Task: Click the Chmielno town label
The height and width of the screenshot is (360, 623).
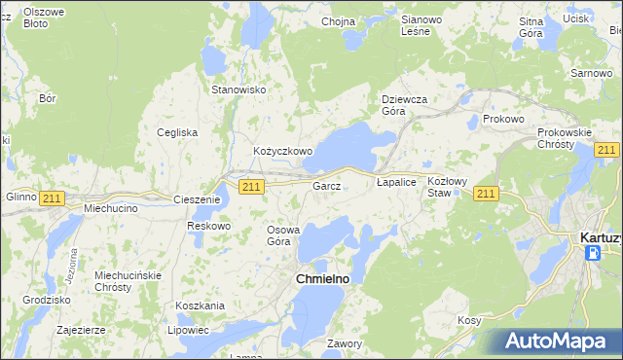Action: coord(322,278)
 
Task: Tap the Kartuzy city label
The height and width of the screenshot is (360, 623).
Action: coord(600,236)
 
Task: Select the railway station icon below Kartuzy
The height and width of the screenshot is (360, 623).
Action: coord(593,253)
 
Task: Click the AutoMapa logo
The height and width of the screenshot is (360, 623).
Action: coord(559,342)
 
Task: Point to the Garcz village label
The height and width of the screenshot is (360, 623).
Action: coord(326,186)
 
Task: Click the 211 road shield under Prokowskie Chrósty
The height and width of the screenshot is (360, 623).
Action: coord(606,149)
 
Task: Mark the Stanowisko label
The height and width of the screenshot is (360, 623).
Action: coord(239,90)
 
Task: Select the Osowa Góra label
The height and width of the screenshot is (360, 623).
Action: coord(285,235)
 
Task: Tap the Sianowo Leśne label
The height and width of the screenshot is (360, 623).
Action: coord(421,25)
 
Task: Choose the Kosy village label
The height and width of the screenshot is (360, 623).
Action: coord(469,320)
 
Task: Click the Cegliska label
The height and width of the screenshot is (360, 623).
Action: coord(177,132)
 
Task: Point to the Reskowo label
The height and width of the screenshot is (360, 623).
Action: coord(208,226)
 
